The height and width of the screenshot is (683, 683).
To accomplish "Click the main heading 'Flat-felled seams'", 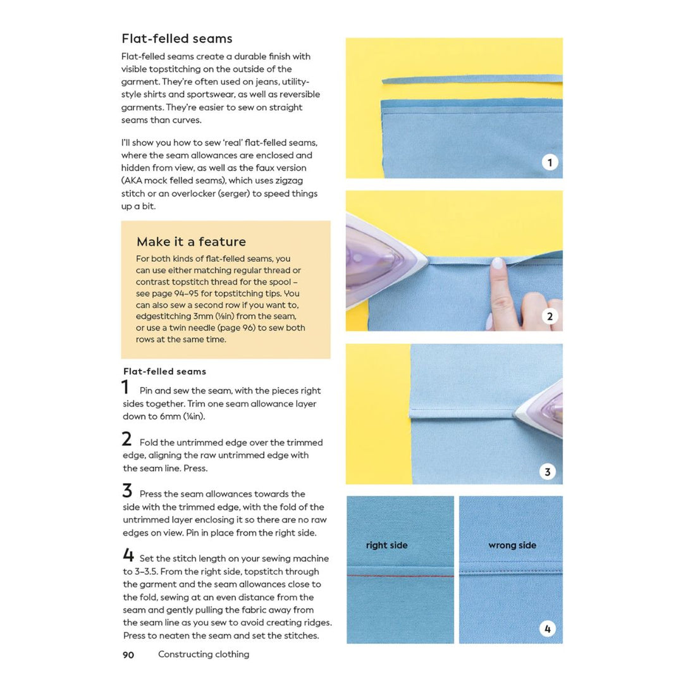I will tap(177, 39).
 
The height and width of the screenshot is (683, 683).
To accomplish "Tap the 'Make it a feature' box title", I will tap(191, 242).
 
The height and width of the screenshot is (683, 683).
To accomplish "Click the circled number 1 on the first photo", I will tap(550, 163).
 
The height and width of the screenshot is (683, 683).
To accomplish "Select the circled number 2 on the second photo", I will tap(550, 316).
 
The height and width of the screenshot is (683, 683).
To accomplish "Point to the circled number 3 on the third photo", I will tap(547, 471).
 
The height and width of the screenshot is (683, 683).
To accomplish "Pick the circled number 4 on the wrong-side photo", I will tap(547, 629).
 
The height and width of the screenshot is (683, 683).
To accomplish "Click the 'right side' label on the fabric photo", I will tap(386, 545).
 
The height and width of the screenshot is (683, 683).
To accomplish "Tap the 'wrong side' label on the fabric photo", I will tap(512, 545).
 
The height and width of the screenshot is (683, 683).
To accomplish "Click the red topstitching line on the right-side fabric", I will tap(400, 575).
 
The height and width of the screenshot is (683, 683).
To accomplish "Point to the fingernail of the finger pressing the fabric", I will tap(498, 264).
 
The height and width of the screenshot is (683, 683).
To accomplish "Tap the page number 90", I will tap(128, 655).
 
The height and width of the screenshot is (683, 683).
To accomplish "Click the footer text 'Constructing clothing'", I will tap(204, 655).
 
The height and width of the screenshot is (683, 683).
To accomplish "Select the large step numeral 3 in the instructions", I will tap(127, 491).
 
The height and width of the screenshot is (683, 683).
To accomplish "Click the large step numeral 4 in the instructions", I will tap(128, 556).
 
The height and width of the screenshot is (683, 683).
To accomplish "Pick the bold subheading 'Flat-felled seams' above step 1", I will tap(164, 371).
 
